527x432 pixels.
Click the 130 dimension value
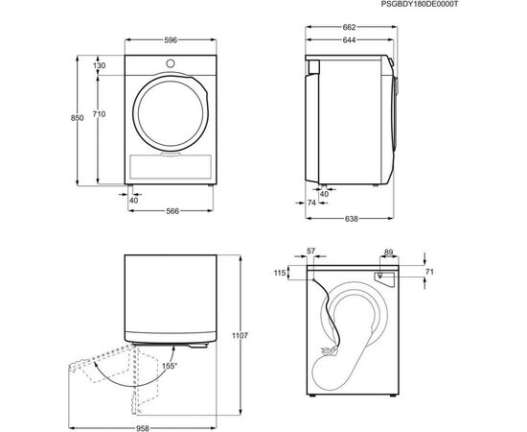[99, 65]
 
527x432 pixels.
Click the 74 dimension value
[311, 204]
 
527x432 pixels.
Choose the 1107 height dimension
[240, 335]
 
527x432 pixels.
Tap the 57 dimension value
[309, 252]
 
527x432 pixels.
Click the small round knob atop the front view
[171, 64]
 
